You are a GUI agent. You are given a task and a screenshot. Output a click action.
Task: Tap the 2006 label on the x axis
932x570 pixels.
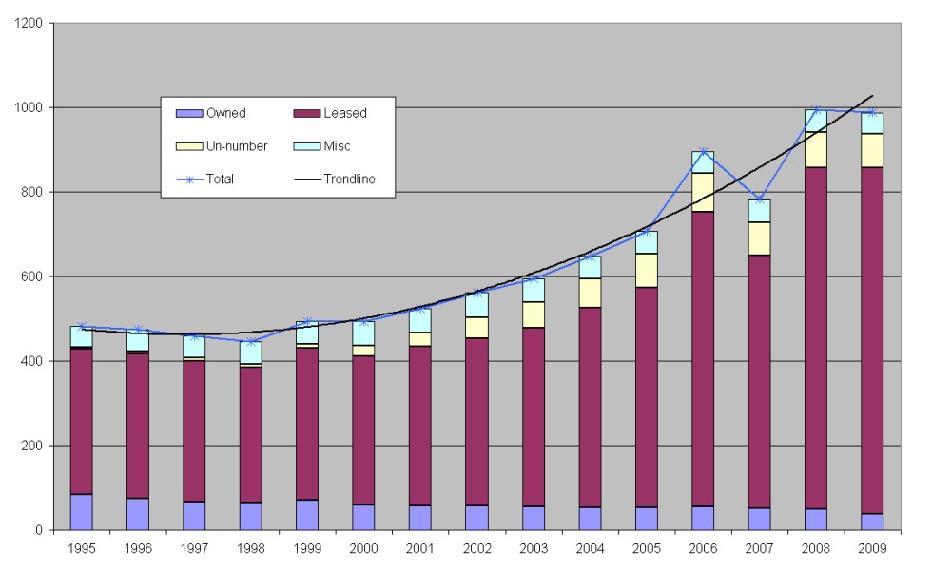coord(702,547)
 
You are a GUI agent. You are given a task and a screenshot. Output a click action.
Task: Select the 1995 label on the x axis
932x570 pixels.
coord(81,547)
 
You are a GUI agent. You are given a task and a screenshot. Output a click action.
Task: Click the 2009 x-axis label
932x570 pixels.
coord(872,547)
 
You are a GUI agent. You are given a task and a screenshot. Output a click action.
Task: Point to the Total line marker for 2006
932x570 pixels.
coord(702,152)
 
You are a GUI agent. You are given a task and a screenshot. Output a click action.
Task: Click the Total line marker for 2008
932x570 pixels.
coord(816,110)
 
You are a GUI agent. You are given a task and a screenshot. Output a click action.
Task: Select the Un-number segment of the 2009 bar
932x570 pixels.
coord(872,151)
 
